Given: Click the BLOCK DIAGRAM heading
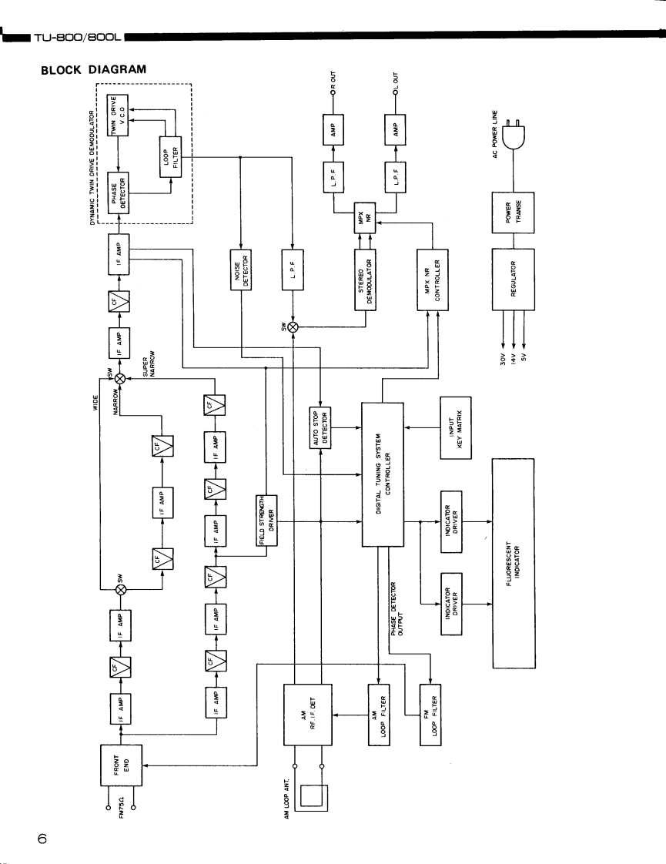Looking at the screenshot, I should pos(93,69).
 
